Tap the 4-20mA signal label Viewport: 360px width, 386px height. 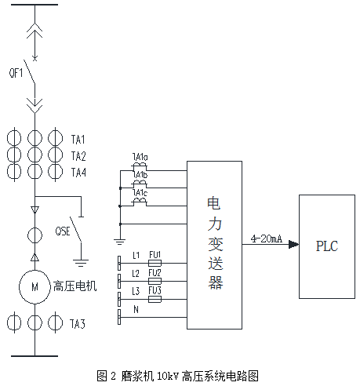[267, 239]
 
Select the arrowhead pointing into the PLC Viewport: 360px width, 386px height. [293, 245]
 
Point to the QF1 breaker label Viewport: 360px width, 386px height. [16, 72]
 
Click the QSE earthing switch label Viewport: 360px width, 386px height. [63, 231]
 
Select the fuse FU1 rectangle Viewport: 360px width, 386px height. [155, 263]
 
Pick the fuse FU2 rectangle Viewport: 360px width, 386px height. [155, 281]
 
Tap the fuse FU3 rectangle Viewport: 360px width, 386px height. [155, 299]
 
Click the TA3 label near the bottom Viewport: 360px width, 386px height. [78, 324]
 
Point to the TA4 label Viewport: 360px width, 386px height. [78, 173]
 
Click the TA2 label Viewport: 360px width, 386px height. [78, 156]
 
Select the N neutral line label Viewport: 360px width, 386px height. [136, 310]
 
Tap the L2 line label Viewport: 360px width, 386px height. [136, 273]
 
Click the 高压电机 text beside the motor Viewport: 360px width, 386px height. [75, 286]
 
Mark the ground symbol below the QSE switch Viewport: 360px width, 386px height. [81, 263]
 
